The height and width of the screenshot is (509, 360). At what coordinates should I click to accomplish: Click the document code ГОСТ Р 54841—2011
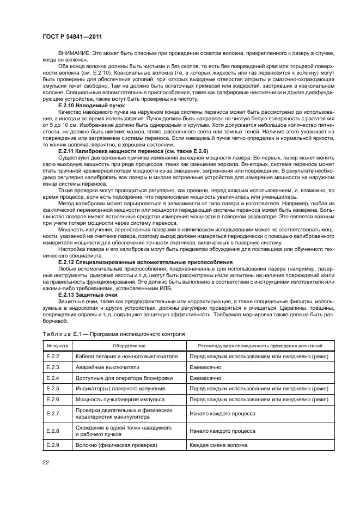point(72,36)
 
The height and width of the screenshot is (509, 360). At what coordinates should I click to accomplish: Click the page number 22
point(45,463)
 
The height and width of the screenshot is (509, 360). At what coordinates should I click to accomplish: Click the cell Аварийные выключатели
point(107,367)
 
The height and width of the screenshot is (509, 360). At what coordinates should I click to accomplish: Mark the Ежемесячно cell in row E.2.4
point(205,378)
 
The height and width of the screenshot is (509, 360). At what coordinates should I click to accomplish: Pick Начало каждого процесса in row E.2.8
point(222,431)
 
